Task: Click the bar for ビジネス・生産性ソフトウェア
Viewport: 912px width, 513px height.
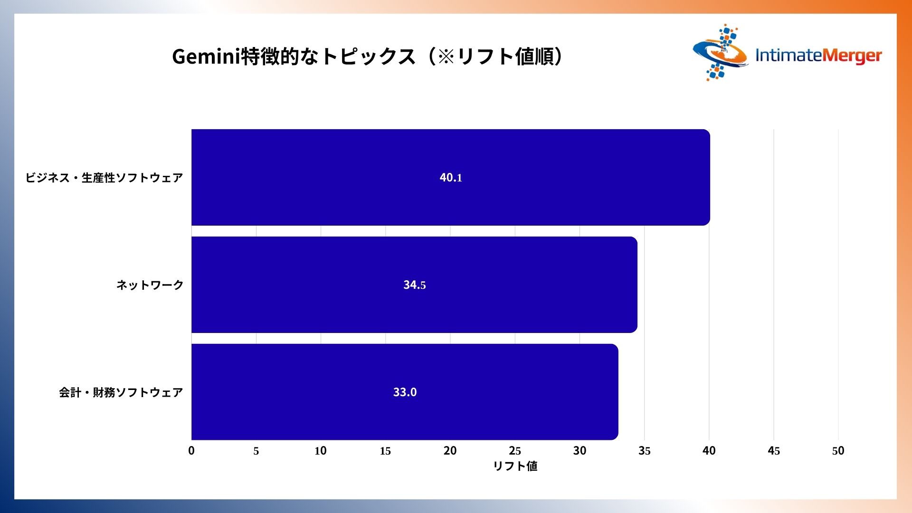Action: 451,177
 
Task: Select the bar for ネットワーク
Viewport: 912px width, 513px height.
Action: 414,285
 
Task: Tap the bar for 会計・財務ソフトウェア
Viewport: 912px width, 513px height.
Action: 405,392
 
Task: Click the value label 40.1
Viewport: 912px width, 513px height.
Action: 451,178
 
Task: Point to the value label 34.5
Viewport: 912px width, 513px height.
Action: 415,285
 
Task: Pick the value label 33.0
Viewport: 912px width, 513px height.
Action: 405,392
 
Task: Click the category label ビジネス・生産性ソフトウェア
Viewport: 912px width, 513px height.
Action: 104,178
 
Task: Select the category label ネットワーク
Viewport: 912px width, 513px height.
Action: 150,285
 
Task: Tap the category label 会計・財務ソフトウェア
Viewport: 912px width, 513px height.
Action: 121,392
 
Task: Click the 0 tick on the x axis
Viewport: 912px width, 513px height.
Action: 191,451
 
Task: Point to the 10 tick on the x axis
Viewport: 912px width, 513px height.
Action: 321,451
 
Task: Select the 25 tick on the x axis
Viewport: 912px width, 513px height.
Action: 515,451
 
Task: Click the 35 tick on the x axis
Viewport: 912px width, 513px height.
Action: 645,451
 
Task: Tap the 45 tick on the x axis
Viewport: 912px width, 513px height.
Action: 774,451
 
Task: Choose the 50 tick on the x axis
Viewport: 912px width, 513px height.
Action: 838,451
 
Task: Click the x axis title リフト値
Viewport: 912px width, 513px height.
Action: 515,466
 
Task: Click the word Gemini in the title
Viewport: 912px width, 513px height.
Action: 206,57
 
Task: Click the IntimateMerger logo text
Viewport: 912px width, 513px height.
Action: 818,56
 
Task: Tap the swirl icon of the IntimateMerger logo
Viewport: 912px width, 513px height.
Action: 720,52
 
